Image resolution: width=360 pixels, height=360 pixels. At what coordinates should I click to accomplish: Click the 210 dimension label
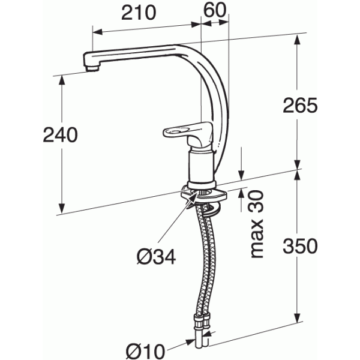pyautogui.click(x=138, y=11)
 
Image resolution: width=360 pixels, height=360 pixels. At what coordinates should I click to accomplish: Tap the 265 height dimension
pyautogui.click(x=299, y=105)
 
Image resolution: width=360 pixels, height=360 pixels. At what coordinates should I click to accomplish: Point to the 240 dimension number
pyautogui.click(x=60, y=136)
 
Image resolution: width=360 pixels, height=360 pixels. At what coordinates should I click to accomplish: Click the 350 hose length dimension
pyautogui.click(x=299, y=246)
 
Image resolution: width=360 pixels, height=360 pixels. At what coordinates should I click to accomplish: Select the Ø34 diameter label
pyautogui.click(x=155, y=257)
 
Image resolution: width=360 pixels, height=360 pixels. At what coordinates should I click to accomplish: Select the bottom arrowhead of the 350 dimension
pyautogui.click(x=298, y=321)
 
